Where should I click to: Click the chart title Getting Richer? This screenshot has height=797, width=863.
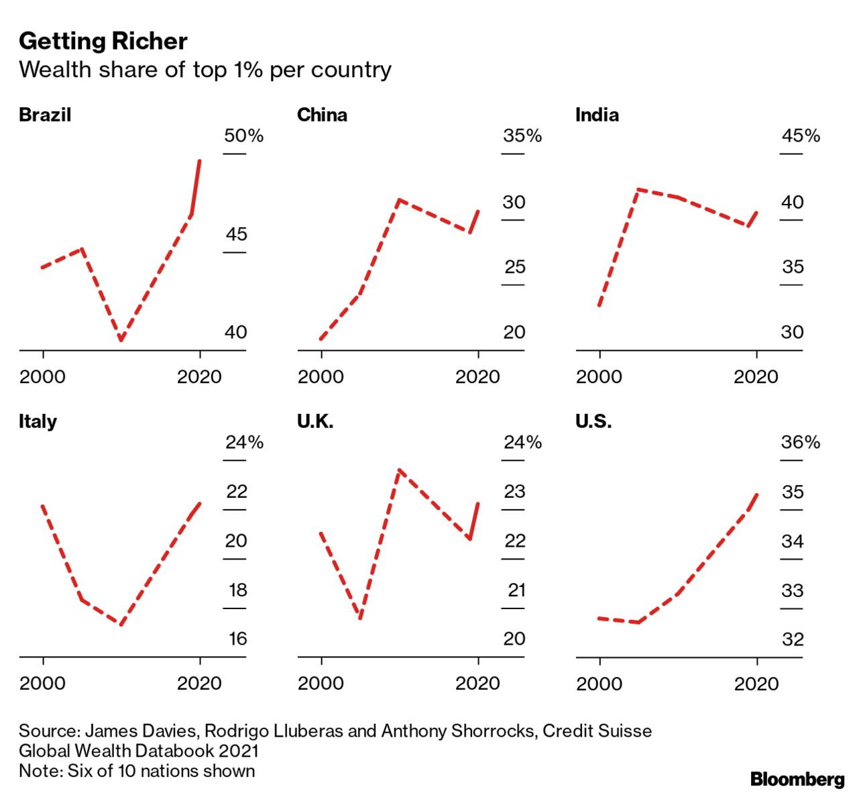103,42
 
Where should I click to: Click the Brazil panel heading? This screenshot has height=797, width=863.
44,115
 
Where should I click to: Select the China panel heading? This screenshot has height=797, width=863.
322,115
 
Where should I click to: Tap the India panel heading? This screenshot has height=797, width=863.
597,115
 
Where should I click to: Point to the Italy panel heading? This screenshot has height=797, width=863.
38,421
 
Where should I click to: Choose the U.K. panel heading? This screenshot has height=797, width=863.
315,421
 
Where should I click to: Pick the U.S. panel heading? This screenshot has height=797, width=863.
593,421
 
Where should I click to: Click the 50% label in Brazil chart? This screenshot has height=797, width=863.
243,136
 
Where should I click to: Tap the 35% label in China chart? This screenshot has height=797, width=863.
522,136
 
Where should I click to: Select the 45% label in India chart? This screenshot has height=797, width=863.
801,136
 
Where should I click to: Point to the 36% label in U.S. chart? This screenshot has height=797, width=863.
801,443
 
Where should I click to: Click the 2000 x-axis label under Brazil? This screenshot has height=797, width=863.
43,376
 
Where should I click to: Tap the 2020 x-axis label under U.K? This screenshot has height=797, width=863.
477,684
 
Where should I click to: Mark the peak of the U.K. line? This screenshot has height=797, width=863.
399,470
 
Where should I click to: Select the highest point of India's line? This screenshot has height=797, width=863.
638,190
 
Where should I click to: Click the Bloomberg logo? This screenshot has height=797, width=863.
797,779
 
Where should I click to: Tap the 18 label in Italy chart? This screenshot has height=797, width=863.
238,590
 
